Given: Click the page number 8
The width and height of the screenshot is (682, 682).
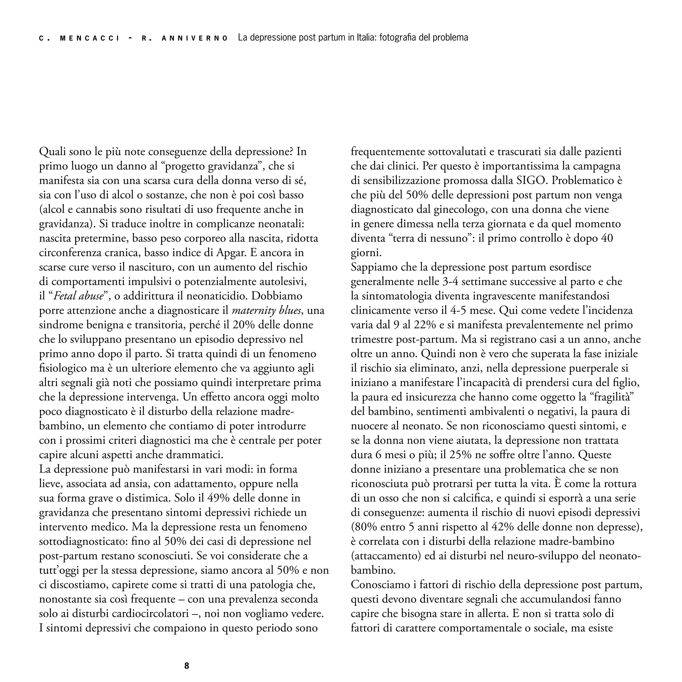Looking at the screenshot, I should (187, 666).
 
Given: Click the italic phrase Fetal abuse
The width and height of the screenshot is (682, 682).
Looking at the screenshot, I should (78, 296).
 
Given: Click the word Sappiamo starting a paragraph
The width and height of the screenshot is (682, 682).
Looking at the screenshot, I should (374, 267).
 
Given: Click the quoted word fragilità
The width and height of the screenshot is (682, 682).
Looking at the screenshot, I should (612, 397).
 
